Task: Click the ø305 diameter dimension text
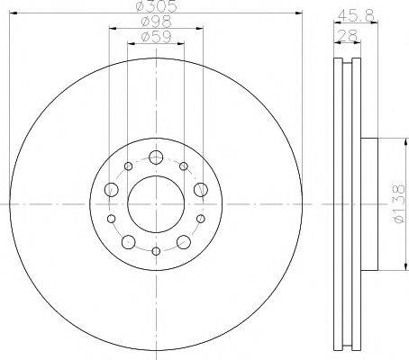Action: pos(154,7)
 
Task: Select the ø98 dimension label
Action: pos(154,22)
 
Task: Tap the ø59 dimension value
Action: pos(155,38)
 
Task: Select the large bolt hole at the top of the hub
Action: pos(155,158)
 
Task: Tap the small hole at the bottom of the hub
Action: pos(155,250)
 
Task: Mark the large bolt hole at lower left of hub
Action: pos(128,241)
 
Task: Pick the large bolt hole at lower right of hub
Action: pos(183,241)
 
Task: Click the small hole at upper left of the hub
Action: pos(128,166)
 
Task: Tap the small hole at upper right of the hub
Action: pos(183,166)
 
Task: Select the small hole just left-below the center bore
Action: pos(112,219)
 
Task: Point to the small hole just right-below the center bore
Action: pos(199,219)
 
